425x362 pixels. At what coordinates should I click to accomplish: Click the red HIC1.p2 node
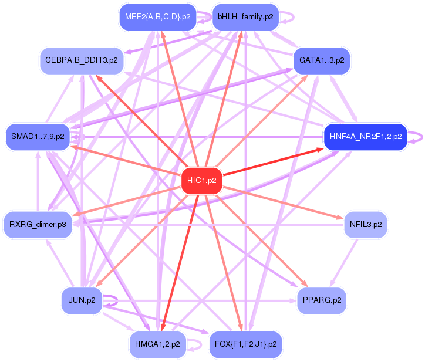tap(202, 180)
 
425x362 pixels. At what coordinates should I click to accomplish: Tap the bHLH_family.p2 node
tap(245, 17)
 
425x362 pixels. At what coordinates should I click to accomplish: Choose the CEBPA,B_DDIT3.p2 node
tap(82, 60)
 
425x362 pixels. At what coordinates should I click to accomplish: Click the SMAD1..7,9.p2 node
tap(38, 137)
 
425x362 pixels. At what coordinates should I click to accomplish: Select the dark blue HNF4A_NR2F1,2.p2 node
tap(365, 137)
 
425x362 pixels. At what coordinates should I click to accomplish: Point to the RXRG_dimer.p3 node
tap(38, 224)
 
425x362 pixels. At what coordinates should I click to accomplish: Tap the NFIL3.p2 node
tap(365, 224)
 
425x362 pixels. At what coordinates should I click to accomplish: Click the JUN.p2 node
tap(82, 300)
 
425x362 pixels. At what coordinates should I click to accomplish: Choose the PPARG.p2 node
tap(322, 300)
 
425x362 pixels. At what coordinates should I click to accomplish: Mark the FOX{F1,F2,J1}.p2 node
tap(245, 343)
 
